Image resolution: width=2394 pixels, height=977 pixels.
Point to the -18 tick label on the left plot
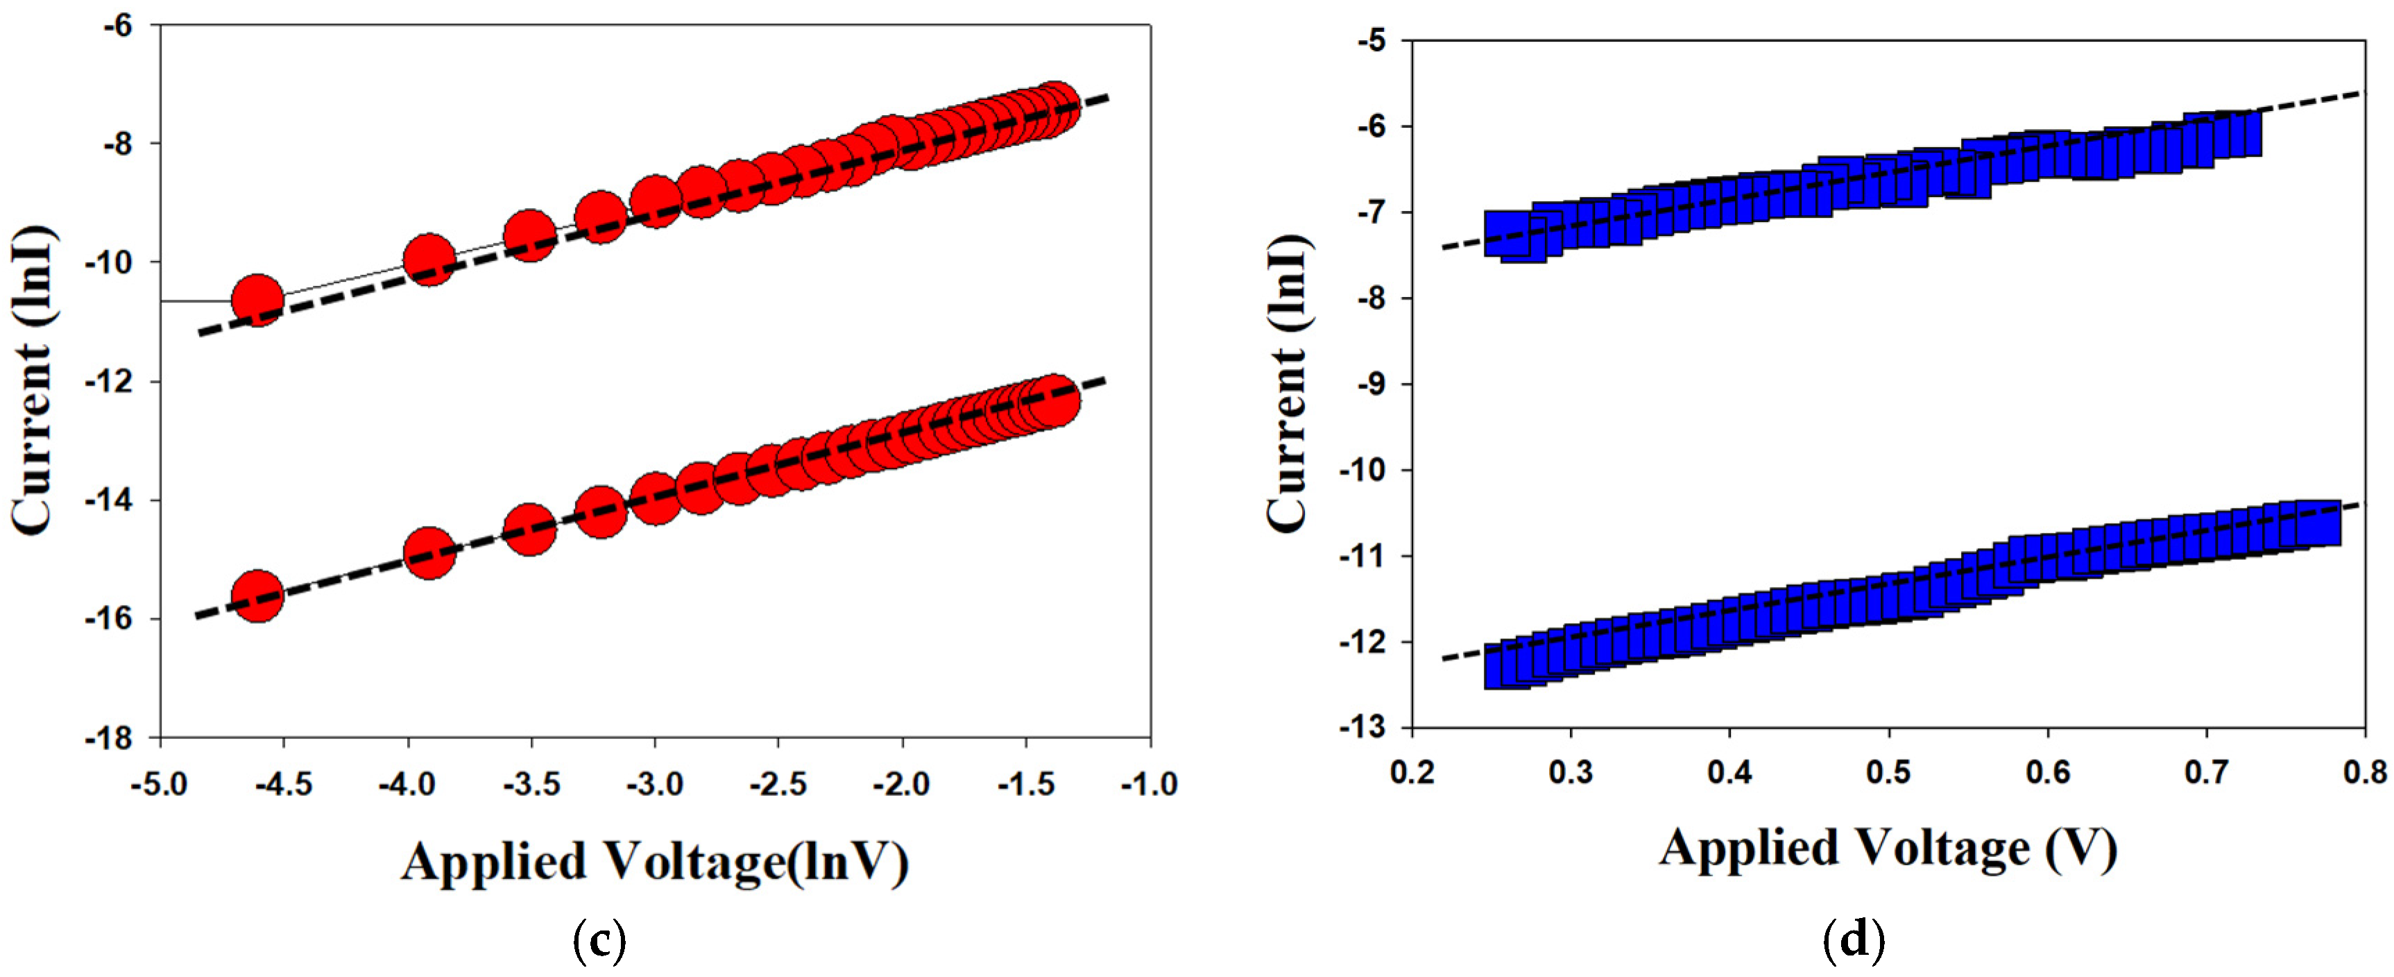click(x=110, y=739)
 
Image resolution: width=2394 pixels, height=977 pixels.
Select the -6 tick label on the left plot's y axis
click(x=118, y=25)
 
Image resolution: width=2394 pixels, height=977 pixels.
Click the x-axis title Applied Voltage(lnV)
click(x=654, y=863)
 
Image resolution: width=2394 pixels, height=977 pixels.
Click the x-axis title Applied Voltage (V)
click(x=1888, y=849)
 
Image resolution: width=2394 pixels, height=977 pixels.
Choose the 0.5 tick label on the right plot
click(x=1888, y=772)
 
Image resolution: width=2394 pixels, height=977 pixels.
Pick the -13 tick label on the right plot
click(x=1362, y=728)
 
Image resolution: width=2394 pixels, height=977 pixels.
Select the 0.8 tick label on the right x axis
click(x=2364, y=772)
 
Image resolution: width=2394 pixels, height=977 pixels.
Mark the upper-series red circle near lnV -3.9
click(x=429, y=260)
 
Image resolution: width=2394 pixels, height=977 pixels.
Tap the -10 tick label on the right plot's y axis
click(x=1362, y=470)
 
